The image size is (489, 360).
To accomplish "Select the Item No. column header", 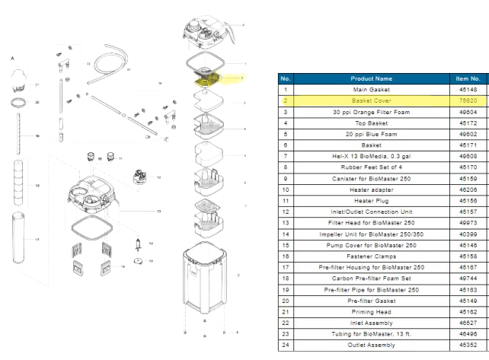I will click(467, 78).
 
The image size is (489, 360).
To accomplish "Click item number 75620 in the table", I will click(467, 100).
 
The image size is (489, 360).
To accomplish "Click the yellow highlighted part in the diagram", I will click(207, 78).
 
